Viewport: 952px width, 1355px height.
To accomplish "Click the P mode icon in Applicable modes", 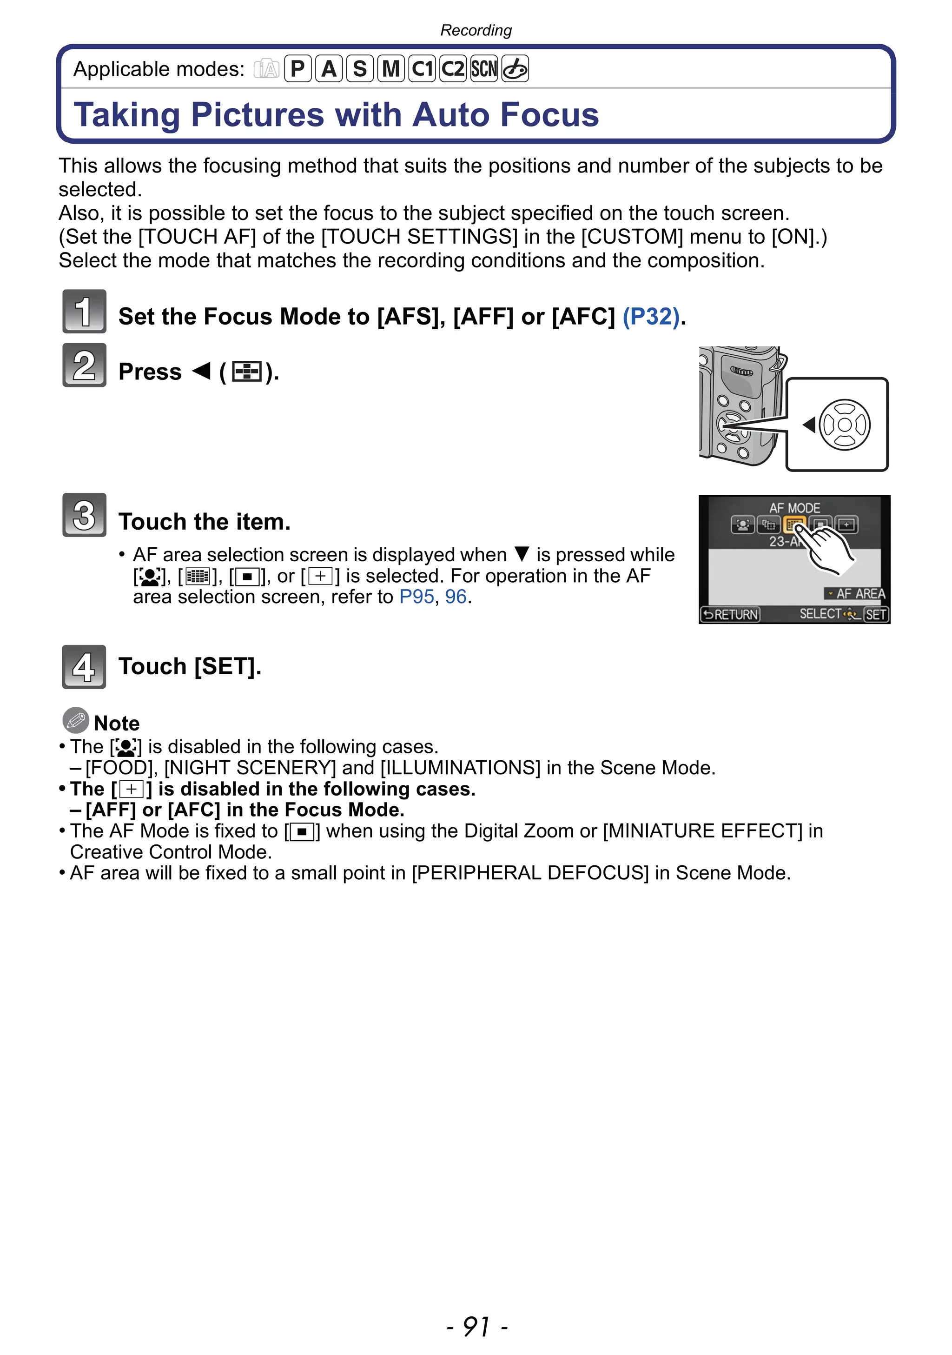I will pos(298,69).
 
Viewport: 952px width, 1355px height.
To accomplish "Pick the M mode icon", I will pos(391,69).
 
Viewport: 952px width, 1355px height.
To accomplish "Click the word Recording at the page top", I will pos(476,30).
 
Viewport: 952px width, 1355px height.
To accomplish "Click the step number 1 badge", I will pos(84,311).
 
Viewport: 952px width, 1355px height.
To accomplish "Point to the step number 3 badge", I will pos(84,515).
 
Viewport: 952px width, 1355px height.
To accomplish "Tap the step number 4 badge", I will pos(84,667).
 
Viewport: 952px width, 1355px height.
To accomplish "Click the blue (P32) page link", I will pos(651,317).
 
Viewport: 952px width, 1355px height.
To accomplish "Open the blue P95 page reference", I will pos(416,597).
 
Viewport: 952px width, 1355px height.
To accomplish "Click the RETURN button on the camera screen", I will pos(730,614).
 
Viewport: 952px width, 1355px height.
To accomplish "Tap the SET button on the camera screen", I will pos(876,614).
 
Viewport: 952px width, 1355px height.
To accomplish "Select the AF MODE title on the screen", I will pos(794,508).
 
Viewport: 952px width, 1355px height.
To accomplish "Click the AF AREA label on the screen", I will pos(859,594).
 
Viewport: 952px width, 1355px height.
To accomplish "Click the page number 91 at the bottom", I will pos(476,1327).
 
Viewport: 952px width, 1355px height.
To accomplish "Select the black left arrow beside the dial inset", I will pos(809,425).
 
